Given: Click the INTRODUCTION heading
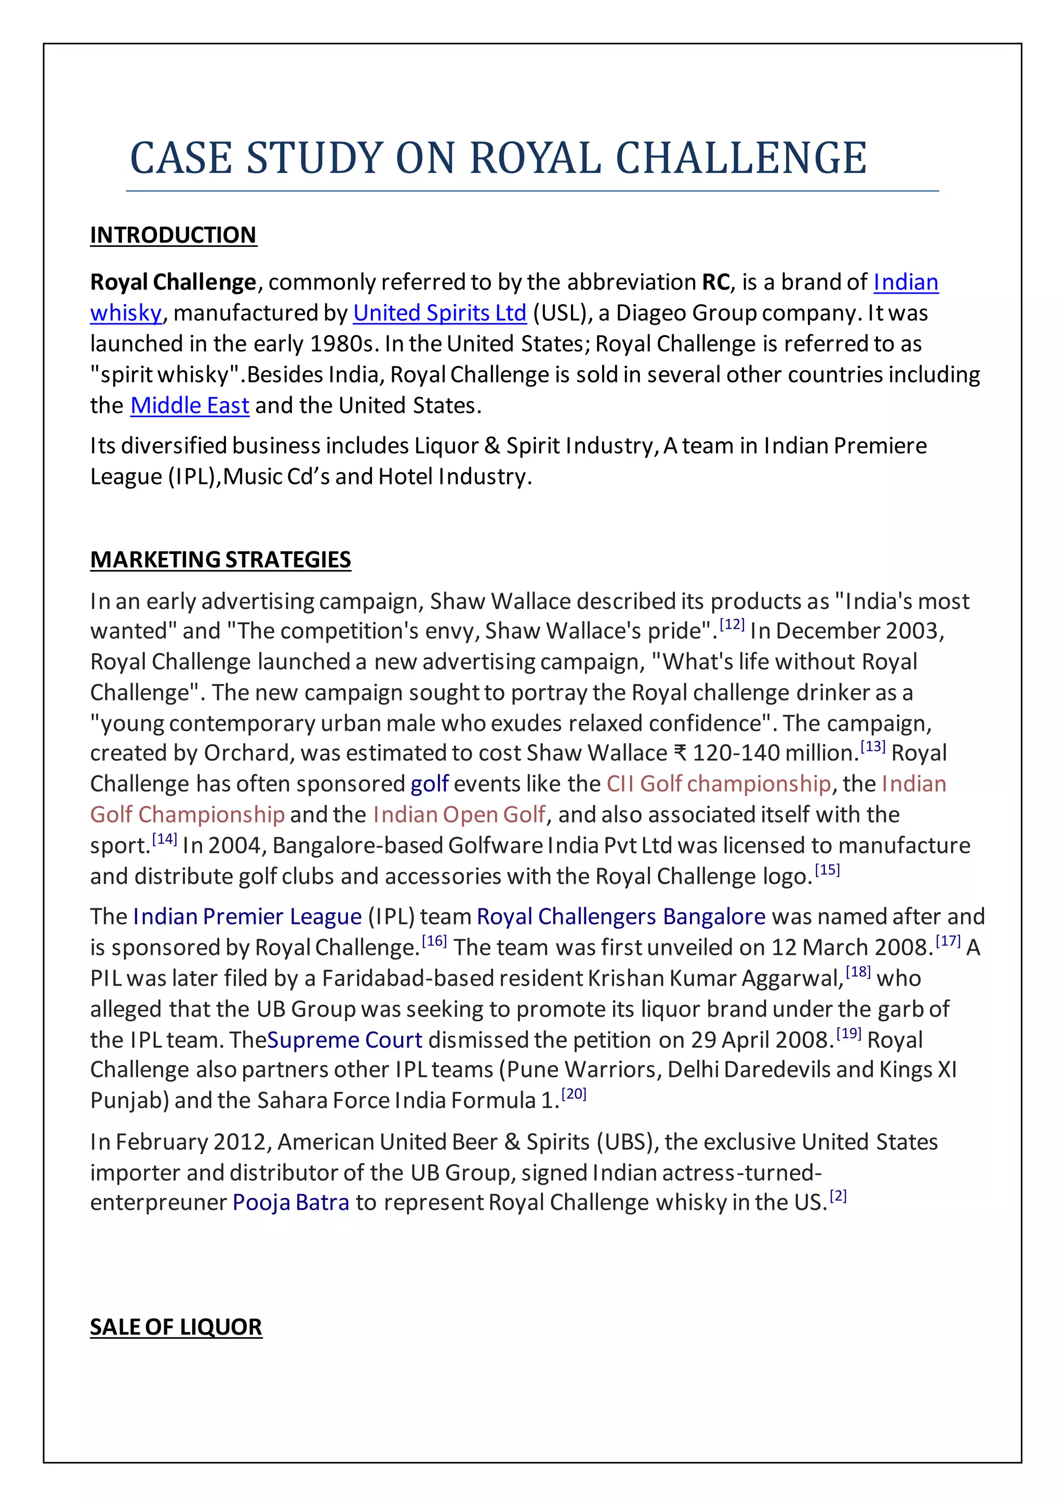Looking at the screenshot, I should click(x=173, y=235).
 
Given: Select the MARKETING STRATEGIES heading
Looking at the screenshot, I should click(x=220, y=559).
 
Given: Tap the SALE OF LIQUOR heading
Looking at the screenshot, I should click(x=176, y=1327).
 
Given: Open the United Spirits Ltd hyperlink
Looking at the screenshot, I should click(x=440, y=313).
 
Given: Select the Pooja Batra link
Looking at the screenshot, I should click(x=291, y=1202).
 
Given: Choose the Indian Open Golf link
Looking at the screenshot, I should click(x=459, y=814).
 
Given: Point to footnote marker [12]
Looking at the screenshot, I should click(x=732, y=624).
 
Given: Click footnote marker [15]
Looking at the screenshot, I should click(x=827, y=870).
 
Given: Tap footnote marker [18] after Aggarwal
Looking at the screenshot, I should click(x=858, y=971).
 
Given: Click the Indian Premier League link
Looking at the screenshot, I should click(x=247, y=916).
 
